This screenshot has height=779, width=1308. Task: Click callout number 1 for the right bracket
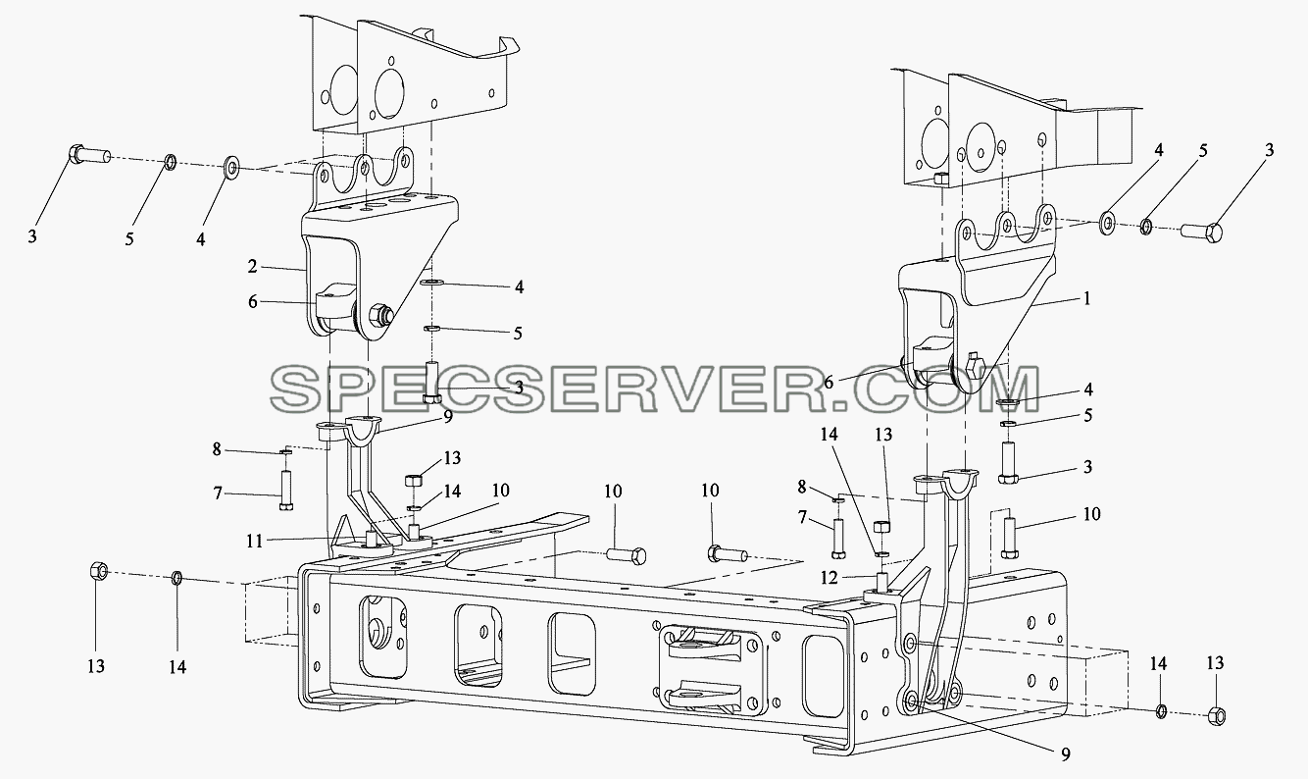coord(1086,298)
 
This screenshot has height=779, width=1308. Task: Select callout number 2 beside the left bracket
coord(252,267)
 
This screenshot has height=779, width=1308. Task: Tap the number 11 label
coord(255,542)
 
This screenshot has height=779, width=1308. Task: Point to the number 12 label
coord(830,578)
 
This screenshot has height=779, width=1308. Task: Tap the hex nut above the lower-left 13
coord(98,570)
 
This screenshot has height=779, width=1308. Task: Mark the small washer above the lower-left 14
coord(176,579)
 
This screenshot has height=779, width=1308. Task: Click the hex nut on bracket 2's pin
coord(381,314)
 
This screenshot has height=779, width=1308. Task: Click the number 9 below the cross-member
coord(1066,755)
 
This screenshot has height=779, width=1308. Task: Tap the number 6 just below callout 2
coord(252,301)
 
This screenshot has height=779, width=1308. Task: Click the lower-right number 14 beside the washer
coord(1159,663)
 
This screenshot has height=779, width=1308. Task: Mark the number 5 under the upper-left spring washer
coord(129,238)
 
